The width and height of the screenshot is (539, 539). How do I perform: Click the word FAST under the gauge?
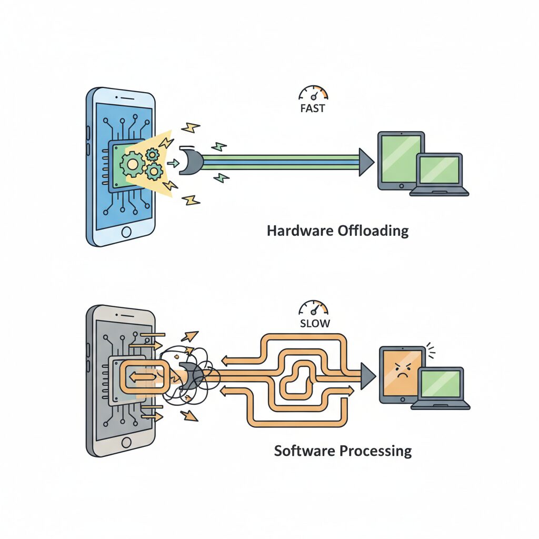coord(313,109)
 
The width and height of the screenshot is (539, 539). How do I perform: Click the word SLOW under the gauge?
coord(314,323)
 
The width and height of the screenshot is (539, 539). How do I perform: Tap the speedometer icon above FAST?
coord(313,93)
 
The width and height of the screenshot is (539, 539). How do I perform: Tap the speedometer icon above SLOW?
coord(313,307)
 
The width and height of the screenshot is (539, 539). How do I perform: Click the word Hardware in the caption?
coord(300,231)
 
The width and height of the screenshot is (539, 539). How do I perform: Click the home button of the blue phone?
coord(126,232)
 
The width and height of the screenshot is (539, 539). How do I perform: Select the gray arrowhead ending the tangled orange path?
coord(367,376)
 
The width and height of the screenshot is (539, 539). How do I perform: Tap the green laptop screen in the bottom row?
coord(441,384)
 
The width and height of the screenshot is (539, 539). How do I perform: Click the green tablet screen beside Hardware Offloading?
coord(401,159)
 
